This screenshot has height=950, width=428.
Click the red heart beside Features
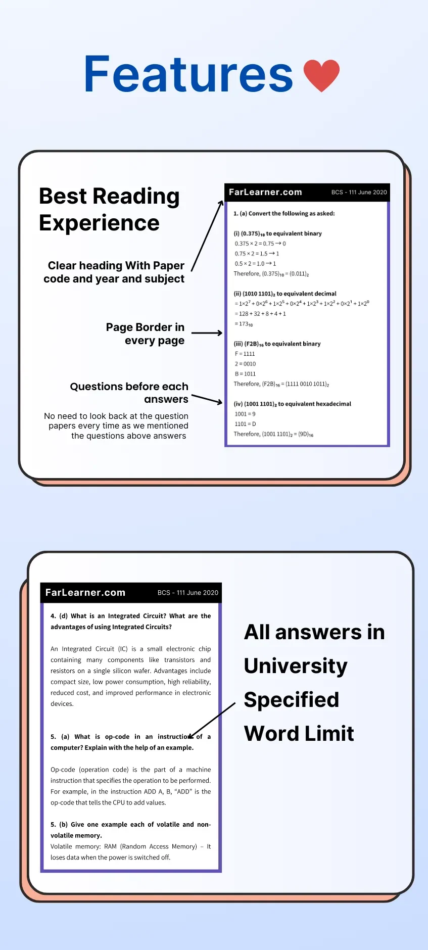point(321,75)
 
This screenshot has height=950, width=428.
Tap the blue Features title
point(188,74)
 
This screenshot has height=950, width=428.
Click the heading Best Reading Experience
point(109,209)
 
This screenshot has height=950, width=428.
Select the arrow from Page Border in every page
point(207,333)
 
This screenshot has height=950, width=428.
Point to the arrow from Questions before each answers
point(207,399)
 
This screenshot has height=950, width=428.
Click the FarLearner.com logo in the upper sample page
point(265,192)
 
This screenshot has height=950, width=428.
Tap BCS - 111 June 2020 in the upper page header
point(359,193)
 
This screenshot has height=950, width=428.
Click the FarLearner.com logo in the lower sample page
point(85,593)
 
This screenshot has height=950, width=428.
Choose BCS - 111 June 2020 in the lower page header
point(187,593)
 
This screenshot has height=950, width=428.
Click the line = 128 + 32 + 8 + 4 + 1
point(260,314)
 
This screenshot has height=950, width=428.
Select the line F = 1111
point(245,354)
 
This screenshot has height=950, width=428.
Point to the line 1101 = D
point(246,424)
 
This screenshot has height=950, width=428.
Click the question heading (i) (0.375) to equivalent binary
point(277,233)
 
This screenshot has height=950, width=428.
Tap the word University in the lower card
point(296,666)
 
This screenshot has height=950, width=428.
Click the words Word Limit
point(299,733)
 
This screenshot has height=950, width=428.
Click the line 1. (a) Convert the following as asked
point(284,214)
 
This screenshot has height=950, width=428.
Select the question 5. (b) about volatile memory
point(130,830)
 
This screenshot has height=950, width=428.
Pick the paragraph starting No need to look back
point(116,426)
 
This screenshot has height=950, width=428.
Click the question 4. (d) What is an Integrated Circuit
point(130,622)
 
